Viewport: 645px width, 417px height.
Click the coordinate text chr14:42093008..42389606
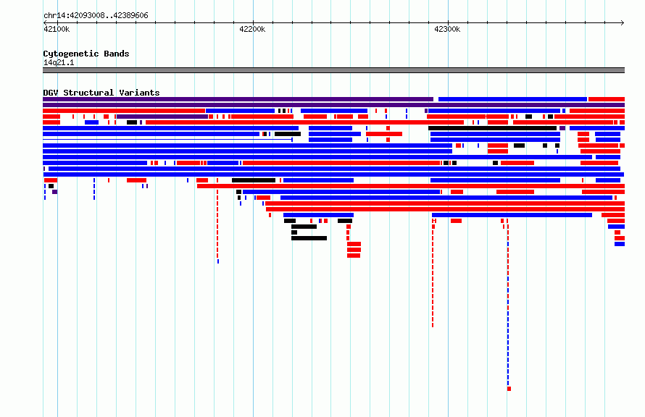tap(96, 16)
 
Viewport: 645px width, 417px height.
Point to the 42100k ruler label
tap(57, 29)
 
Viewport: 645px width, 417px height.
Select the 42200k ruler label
tap(252, 29)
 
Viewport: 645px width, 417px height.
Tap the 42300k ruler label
tap(447, 29)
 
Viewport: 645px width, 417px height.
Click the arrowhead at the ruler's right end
tap(623, 23)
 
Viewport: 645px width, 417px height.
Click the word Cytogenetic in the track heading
tap(71, 54)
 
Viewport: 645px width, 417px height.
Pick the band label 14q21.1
tap(59, 62)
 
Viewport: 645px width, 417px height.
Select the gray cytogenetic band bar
tap(333, 70)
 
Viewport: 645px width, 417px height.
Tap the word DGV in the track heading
tap(51, 93)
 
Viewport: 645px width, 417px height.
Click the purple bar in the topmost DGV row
tap(238, 99)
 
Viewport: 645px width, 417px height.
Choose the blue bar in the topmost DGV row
tap(512, 99)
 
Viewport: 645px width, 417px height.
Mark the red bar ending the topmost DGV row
tap(607, 99)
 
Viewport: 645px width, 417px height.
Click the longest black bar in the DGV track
tap(492, 128)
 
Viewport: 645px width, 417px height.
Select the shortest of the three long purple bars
tap(162, 117)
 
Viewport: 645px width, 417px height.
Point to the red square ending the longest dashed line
tap(509, 389)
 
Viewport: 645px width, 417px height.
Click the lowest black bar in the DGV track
tap(309, 238)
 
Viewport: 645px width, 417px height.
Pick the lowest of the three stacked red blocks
tap(354, 256)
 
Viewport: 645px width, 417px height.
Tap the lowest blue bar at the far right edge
tap(620, 244)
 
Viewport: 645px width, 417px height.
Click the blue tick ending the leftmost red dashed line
tap(218, 261)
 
